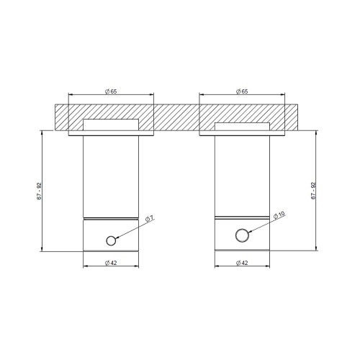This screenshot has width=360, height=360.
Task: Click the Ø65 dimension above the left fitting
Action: pos(111,91)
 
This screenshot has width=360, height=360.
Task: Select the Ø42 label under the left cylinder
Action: pos(111,263)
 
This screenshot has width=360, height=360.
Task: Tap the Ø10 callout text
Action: pos(280,214)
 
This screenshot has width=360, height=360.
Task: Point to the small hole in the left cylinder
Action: pos(110,240)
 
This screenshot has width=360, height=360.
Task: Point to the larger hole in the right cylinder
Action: pos(243,235)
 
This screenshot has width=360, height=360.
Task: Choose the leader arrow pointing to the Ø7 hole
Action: pos(130,229)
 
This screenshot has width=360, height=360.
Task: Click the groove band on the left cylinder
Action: pos(111,217)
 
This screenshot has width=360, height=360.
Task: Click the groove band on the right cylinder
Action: pos(242,217)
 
